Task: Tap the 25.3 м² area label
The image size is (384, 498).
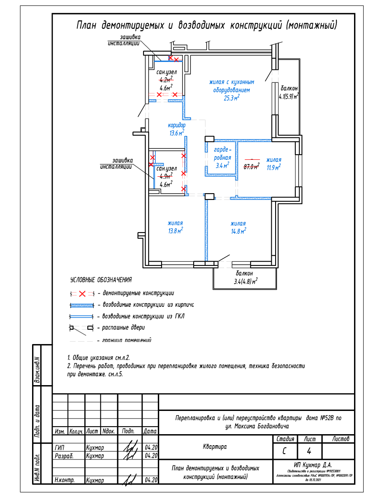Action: pos(232,98)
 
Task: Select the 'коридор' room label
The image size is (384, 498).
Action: pos(176,126)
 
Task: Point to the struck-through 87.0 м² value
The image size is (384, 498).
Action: pos(251,166)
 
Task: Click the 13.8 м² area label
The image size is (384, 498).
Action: pos(175,231)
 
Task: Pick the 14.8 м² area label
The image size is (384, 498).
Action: pos(238,231)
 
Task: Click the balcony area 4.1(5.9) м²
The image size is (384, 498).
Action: pos(289,96)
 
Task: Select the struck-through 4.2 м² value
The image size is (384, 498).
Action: pos(166,79)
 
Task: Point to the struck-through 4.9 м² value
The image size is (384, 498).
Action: pos(165,176)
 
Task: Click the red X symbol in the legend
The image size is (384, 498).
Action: pos(83,293)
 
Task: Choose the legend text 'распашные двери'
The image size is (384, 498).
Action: pos(124,328)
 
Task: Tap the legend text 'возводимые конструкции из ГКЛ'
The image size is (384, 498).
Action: pos(141,316)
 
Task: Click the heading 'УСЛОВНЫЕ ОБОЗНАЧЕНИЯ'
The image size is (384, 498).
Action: pos(101,280)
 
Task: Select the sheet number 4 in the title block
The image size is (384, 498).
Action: pos(309,451)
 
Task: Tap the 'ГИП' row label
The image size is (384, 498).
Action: pos(59,448)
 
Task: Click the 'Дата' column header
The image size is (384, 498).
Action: pos(150,432)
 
